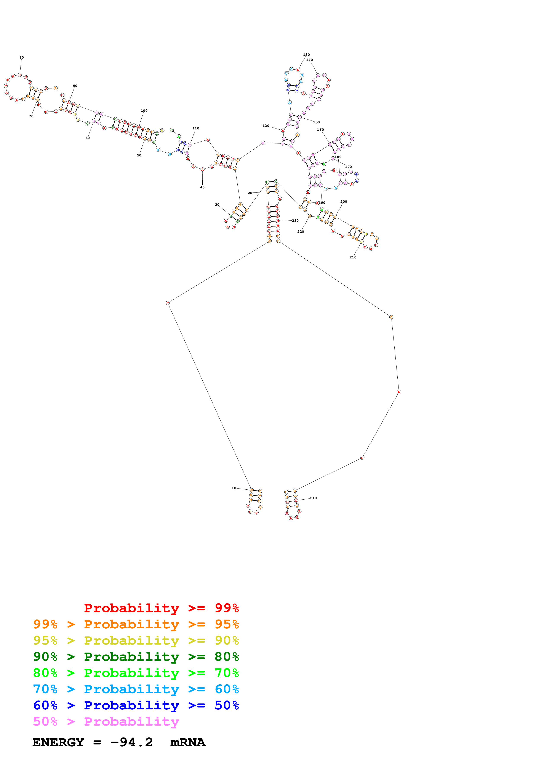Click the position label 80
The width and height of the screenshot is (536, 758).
(x=21, y=57)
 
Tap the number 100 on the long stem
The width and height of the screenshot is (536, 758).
(x=144, y=111)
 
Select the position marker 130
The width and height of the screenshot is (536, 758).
(x=306, y=55)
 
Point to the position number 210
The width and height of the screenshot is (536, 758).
(x=353, y=257)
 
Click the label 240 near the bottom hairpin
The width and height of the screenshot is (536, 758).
(x=314, y=498)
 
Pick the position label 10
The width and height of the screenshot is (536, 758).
(x=234, y=488)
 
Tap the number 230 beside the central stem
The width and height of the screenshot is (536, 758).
(x=295, y=221)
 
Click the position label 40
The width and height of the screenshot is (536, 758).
(x=202, y=187)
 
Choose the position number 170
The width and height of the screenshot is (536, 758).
(x=348, y=167)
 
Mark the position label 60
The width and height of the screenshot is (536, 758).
(x=88, y=138)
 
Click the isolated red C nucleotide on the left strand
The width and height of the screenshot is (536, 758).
(x=168, y=303)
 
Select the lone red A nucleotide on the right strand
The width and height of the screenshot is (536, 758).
(x=399, y=392)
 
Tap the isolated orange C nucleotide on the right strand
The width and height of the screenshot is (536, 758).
(x=391, y=317)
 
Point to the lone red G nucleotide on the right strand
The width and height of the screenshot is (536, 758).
(x=362, y=458)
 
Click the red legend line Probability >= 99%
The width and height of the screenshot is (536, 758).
(x=161, y=608)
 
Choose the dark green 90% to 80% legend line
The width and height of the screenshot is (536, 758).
(x=136, y=657)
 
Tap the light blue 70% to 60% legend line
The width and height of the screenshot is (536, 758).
(x=136, y=689)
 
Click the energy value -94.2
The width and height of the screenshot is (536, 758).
(x=131, y=742)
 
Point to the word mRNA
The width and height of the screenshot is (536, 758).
(x=188, y=742)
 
